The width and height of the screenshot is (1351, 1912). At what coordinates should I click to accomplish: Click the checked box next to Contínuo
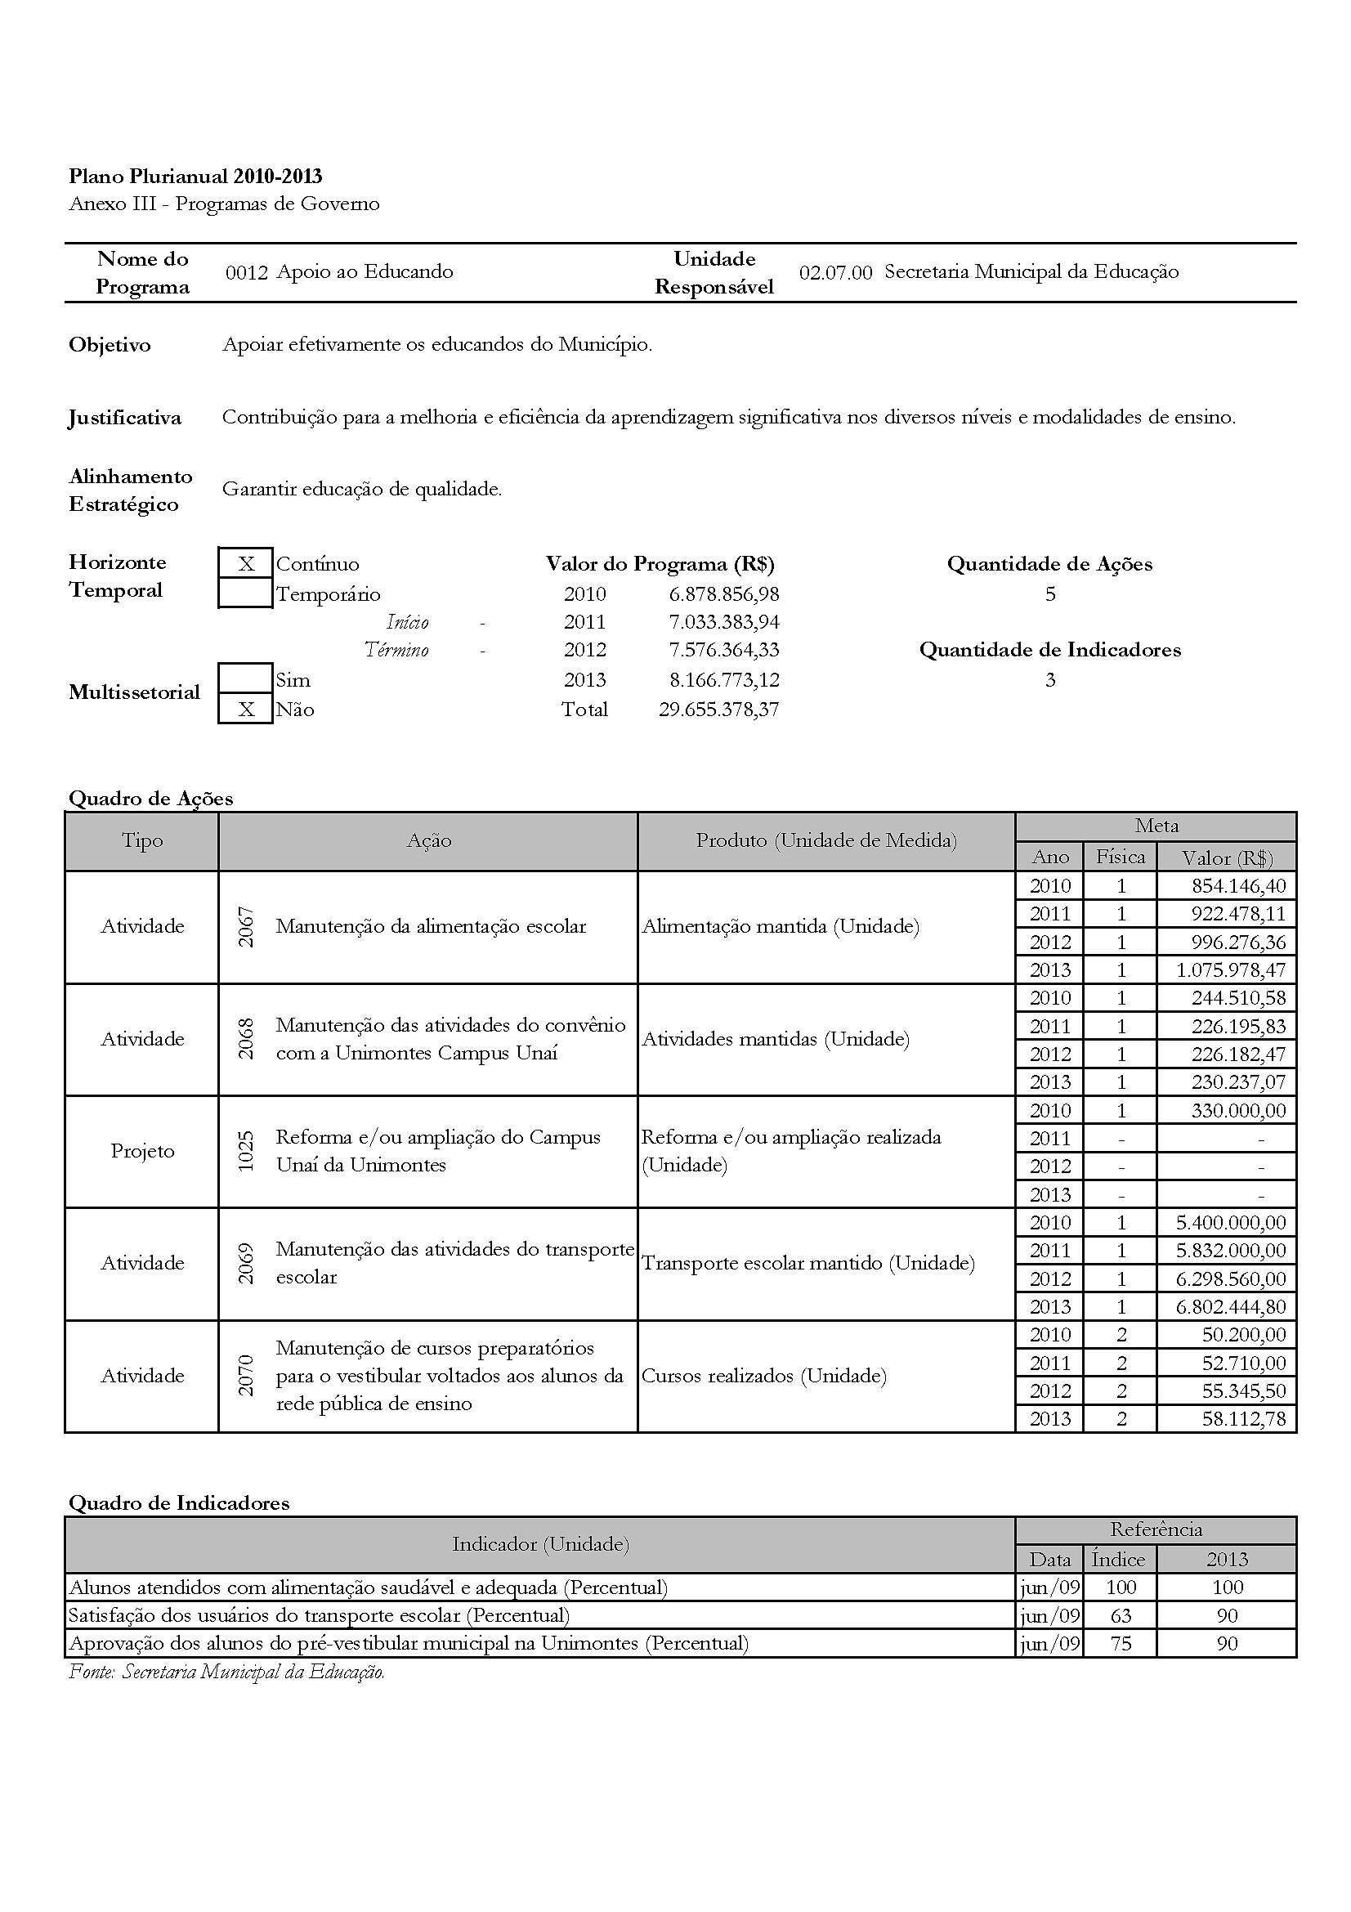pyautogui.click(x=245, y=564)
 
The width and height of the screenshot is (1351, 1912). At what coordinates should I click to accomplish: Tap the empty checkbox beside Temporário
pyautogui.click(x=245, y=594)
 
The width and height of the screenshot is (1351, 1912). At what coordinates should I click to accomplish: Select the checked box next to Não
pyautogui.click(x=245, y=710)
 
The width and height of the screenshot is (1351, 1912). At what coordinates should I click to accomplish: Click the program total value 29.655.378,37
pyautogui.click(x=718, y=710)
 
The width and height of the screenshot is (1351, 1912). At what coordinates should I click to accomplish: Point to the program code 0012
pyautogui.click(x=246, y=272)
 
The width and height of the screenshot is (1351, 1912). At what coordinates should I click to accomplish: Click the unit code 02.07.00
pyautogui.click(x=835, y=272)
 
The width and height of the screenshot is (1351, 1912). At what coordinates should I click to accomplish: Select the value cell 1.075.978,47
pyautogui.click(x=1230, y=970)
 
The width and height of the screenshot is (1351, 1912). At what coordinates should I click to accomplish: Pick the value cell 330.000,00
pyautogui.click(x=1237, y=1111)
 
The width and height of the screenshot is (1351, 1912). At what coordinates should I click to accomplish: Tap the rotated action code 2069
pyautogui.click(x=245, y=1263)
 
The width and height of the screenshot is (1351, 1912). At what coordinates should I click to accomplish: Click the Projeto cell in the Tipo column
pyautogui.click(x=142, y=1152)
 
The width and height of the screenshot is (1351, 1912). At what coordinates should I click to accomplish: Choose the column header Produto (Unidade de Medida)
pyautogui.click(x=825, y=841)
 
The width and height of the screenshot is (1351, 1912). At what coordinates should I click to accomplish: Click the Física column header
pyautogui.click(x=1120, y=857)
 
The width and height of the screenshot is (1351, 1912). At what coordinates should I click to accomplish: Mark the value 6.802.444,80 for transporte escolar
pyautogui.click(x=1230, y=1306)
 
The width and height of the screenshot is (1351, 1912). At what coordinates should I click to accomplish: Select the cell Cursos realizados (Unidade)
pyautogui.click(x=763, y=1376)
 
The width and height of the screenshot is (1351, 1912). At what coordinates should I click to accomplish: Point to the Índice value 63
pyautogui.click(x=1121, y=1615)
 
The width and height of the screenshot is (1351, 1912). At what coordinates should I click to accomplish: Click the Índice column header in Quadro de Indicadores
pyautogui.click(x=1118, y=1559)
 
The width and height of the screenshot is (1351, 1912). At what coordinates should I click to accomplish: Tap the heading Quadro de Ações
pyautogui.click(x=150, y=799)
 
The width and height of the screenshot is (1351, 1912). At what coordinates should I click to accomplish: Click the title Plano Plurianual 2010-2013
pyautogui.click(x=195, y=177)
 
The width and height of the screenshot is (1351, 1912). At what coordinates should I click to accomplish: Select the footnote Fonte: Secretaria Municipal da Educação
pyautogui.click(x=226, y=1672)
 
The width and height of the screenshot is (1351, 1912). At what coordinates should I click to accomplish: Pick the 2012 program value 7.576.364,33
pyautogui.click(x=724, y=651)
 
